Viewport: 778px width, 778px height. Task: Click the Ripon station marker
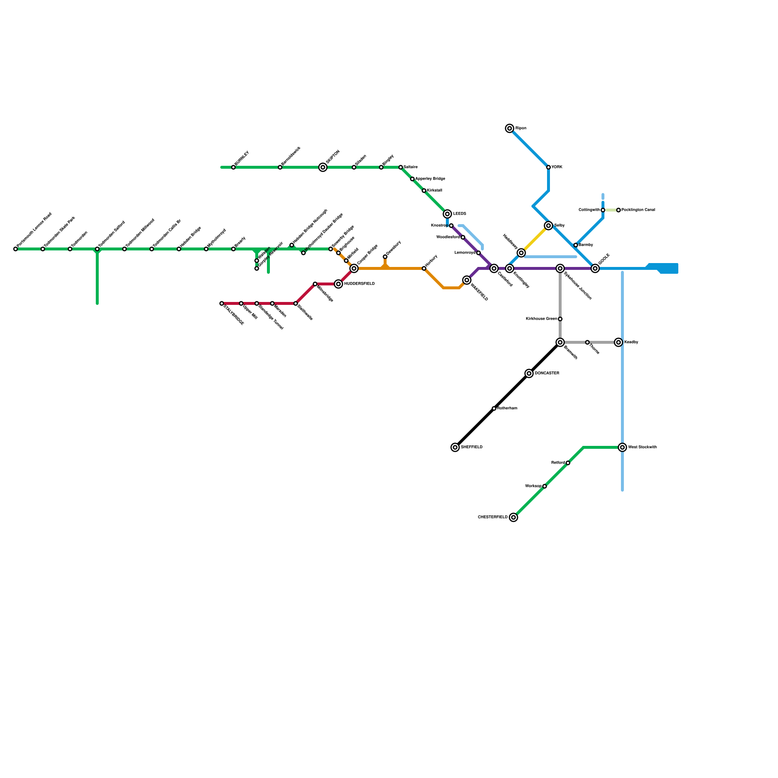click(x=510, y=128)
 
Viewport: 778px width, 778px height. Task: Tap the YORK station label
click(x=557, y=167)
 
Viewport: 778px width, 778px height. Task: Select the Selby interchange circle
click(x=548, y=226)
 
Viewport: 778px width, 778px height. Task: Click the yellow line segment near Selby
click(x=535, y=239)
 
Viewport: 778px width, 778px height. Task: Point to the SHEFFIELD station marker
click(x=455, y=447)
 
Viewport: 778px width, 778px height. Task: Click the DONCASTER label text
click(x=547, y=373)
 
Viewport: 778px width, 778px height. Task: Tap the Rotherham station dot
click(x=494, y=408)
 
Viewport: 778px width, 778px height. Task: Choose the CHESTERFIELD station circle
click(x=513, y=517)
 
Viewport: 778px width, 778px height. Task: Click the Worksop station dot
click(x=545, y=486)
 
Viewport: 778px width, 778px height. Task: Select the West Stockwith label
click(x=642, y=447)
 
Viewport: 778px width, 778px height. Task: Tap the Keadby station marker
click(x=619, y=342)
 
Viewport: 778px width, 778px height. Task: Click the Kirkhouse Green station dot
click(x=560, y=319)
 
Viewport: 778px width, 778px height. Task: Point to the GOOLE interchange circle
click(x=595, y=268)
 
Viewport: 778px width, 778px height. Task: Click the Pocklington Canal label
click(x=638, y=210)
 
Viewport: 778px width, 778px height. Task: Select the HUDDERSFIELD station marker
click(x=338, y=284)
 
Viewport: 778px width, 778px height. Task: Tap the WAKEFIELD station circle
click(x=467, y=280)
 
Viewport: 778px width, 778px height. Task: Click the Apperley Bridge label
click(x=430, y=179)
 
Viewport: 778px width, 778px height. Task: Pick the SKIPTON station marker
click(x=323, y=167)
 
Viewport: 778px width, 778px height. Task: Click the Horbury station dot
click(x=424, y=268)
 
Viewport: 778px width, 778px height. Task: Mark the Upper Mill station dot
click(x=241, y=303)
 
